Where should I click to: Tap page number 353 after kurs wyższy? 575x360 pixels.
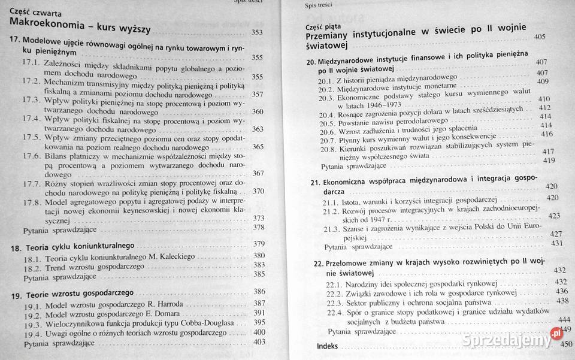[257, 32]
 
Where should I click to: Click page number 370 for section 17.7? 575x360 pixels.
[258, 191]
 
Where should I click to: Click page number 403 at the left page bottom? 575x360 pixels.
[259, 341]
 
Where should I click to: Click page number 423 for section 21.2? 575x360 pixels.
[554, 216]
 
